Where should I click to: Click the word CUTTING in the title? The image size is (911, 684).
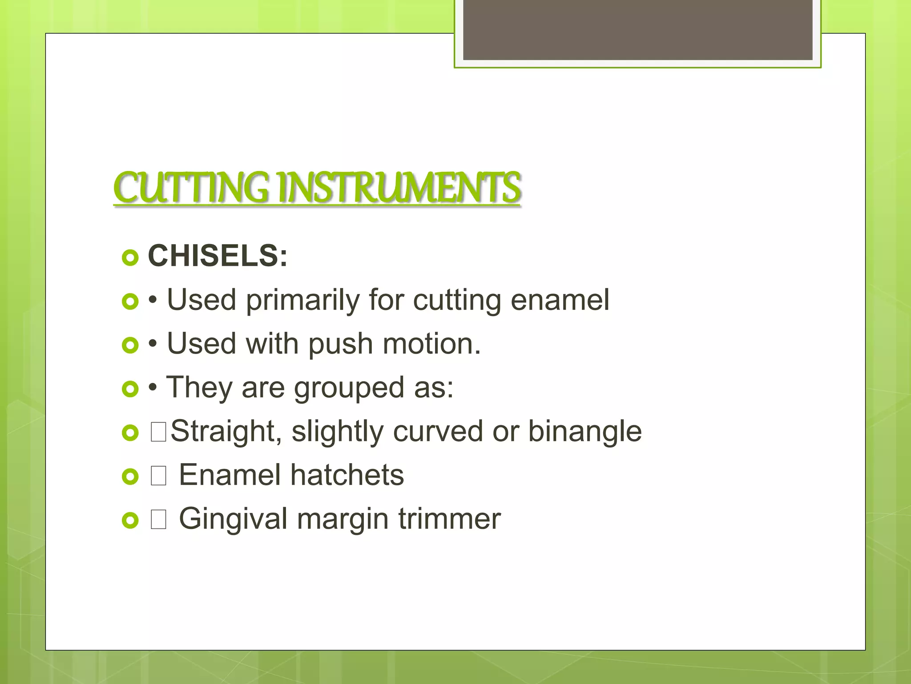(x=191, y=188)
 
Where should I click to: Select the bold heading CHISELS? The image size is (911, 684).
(x=218, y=256)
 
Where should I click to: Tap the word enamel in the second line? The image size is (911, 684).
(x=560, y=300)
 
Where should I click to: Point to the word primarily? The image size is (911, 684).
(x=302, y=301)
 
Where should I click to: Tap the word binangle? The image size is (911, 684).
(x=584, y=432)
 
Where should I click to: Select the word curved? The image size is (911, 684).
(x=438, y=431)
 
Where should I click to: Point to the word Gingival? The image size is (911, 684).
(x=233, y=519)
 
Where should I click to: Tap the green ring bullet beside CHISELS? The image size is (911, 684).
(x=130, y=258)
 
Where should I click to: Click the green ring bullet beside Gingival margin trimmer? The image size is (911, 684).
(x=130, y=520)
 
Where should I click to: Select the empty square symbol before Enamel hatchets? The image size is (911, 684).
(x=158, y=476)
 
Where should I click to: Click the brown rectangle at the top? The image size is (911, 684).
(x=637, y=30)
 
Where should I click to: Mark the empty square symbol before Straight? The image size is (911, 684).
(x=158, y=432)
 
